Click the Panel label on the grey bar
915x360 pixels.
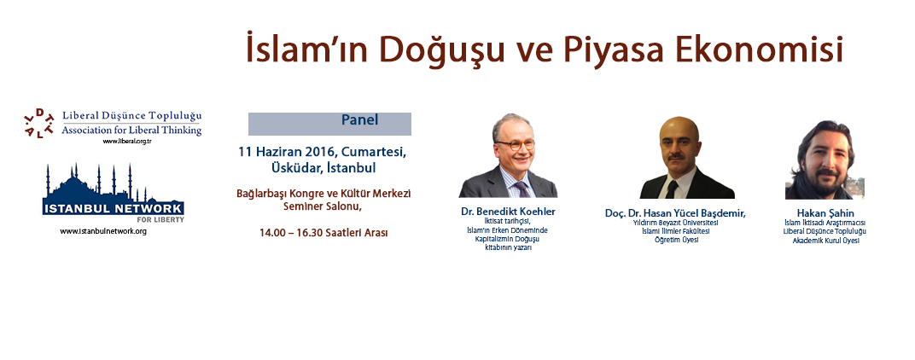(360, 120)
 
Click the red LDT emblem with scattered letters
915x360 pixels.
(39, 122)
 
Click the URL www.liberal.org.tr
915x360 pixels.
(123, 142)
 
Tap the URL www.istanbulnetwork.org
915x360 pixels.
(103, 231)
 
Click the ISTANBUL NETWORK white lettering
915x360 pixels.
(114, 208)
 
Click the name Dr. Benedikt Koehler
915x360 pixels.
(508, 212)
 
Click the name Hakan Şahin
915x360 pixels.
(825, 213)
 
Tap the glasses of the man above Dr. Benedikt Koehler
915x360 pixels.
(515, 144)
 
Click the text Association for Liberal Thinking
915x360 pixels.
(131, 131)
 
